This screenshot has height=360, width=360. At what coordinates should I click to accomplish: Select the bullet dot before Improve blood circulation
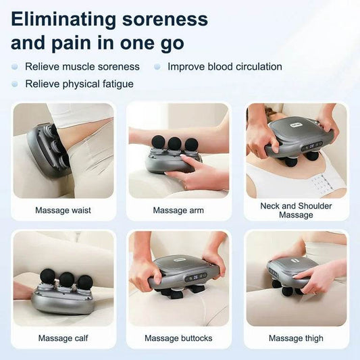click(157, 67)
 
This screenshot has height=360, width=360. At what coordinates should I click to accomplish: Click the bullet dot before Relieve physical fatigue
click(14, 84)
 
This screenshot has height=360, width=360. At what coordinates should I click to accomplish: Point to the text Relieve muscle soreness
click(82, 67)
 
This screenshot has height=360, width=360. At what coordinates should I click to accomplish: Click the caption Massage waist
click(63, 210)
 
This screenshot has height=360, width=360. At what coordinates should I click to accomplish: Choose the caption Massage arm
click(179, 210)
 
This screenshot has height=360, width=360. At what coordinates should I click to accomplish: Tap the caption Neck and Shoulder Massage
click(296, 210)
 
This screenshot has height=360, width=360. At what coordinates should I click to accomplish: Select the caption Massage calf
click(63, 338)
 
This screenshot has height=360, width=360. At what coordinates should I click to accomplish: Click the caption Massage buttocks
click(179, 338)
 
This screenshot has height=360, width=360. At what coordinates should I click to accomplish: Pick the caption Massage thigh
click(296, 338)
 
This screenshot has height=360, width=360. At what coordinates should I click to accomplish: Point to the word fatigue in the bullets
click(116, 84)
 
